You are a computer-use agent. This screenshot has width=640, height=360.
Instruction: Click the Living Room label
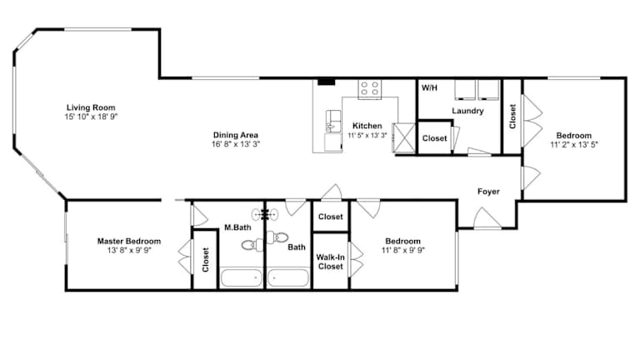click(x=91, y=107)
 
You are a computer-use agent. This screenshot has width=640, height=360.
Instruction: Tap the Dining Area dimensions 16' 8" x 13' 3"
click(x=236, y=144)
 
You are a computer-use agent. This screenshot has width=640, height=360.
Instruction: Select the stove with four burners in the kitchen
click(x=370, y=89)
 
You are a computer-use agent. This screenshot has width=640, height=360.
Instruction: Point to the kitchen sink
click(x=333, y=121)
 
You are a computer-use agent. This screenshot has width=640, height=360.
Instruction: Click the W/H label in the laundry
click(x=429, y=87)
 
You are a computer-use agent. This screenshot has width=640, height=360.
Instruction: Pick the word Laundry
click(x=467, y=111)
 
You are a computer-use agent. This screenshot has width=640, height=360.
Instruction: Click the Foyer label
click(x=488, y=192)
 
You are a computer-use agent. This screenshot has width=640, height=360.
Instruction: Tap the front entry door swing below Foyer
click(x=487, y=218)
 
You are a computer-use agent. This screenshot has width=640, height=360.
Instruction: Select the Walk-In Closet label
click(x=331, y=262)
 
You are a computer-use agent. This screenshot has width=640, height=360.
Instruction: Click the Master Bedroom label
click(x=129, y=241)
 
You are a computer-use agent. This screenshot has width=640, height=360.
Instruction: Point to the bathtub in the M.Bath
click(x=241, y=277)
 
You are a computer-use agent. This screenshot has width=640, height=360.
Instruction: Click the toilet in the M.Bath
click(x=251, y=244)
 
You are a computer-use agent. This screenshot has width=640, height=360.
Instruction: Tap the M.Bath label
click(x=237, y=227)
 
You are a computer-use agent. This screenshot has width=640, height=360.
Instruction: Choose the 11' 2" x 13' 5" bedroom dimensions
click(x=574, y=144)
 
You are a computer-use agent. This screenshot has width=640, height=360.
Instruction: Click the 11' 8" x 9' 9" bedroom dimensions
click(x=403, y=250)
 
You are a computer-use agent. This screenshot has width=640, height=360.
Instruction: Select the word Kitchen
click(x=367, y=126)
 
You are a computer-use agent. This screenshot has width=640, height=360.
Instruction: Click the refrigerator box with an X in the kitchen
click(x=403, y=138)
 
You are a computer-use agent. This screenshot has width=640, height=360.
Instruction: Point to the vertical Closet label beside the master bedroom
click(x=205, y=260)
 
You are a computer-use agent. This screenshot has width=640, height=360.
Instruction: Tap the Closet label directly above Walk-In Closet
click(x=331, y=217)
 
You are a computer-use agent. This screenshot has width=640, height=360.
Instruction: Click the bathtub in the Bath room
click(x=287, y=277)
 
